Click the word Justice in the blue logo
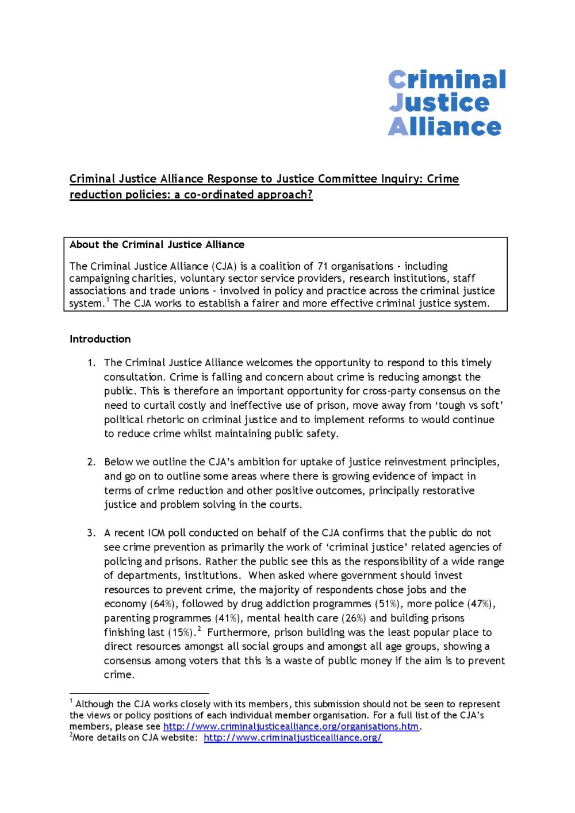[439, 103]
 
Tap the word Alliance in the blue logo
[444, 126]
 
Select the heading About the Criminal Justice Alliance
[157, 244]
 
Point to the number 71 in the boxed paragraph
[323, 266]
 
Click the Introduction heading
[100, 339]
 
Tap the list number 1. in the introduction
[91, 363]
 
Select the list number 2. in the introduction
[91, 462]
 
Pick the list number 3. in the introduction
[91, 533]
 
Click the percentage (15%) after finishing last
[182, 632]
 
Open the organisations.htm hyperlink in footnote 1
[291, 726]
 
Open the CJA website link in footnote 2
[293, 738]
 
